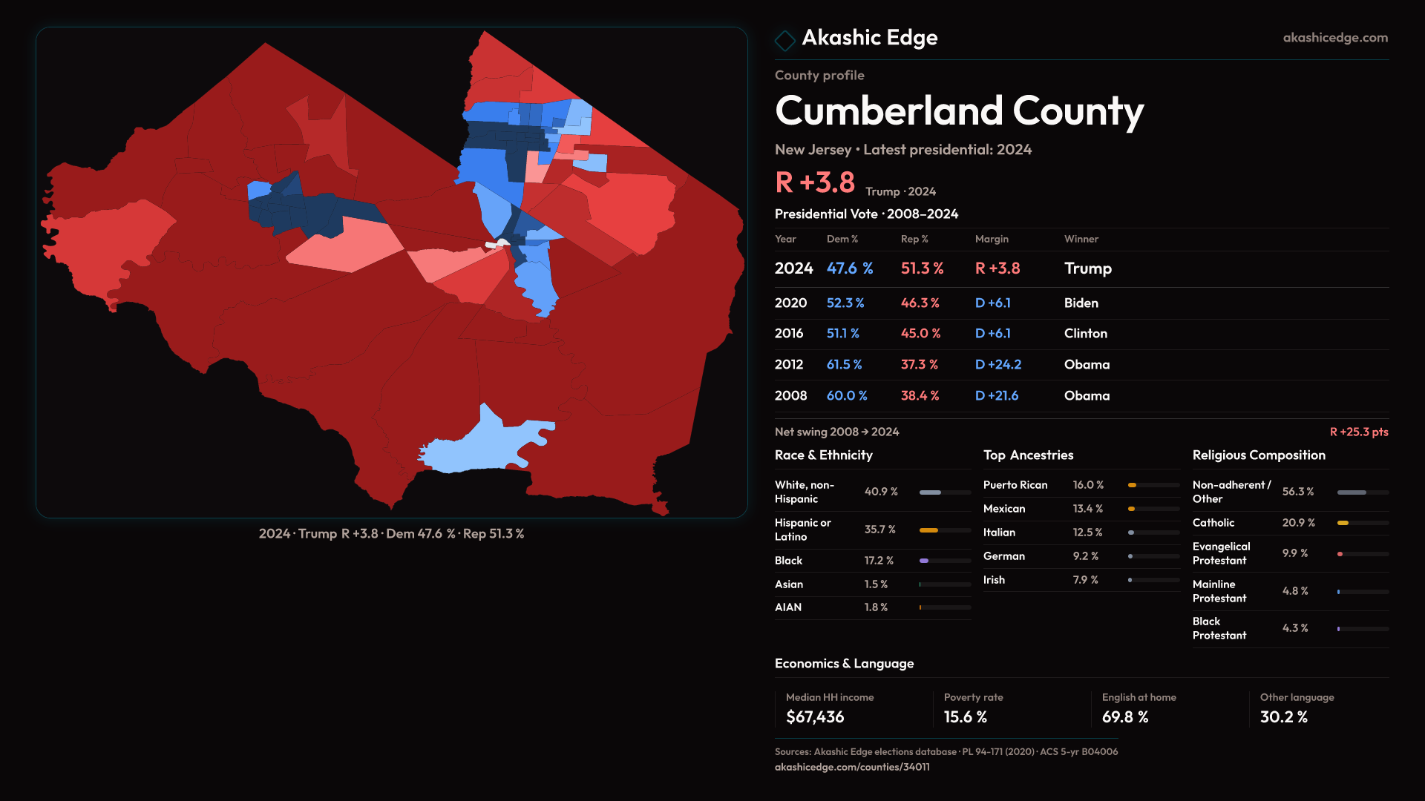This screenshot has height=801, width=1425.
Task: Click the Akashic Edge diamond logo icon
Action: coord(784,40)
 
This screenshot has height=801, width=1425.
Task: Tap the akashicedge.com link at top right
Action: coord(1334,38)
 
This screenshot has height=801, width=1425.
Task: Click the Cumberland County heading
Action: coord(959,111)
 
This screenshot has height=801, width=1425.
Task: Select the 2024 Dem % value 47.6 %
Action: coord(850,268)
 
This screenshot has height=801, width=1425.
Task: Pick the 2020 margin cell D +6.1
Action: coord(992,303)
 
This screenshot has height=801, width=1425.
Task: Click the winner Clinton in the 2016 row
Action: coord(1085,334)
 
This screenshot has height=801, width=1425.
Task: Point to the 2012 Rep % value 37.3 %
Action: coord(919,365)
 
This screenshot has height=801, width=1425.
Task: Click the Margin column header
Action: coord(992,239)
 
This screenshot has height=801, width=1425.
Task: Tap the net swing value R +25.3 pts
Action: coord(1358,432)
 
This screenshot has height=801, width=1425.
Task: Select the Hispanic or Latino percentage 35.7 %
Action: coord(879,530)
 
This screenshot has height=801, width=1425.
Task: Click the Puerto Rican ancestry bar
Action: coord(1153,485)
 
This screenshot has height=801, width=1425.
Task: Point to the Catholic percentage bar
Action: coord(1363,523)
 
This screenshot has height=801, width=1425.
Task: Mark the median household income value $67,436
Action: coord(815,717)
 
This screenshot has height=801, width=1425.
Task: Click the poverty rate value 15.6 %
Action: coord(965,717)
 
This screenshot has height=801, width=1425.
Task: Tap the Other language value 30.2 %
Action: coord(1283,717)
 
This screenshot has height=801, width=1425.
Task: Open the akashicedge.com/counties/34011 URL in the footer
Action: coord(852,767)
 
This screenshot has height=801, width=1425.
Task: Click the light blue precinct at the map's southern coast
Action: coord(482,445)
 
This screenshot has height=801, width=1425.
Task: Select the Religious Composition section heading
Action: coord(1259,455)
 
